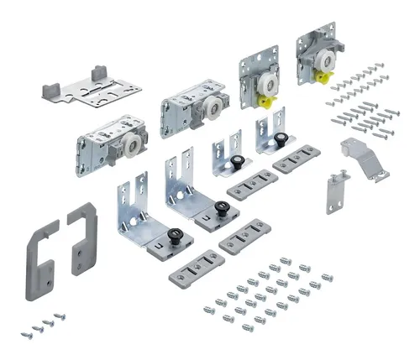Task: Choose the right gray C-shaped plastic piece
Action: click(81, 237)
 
